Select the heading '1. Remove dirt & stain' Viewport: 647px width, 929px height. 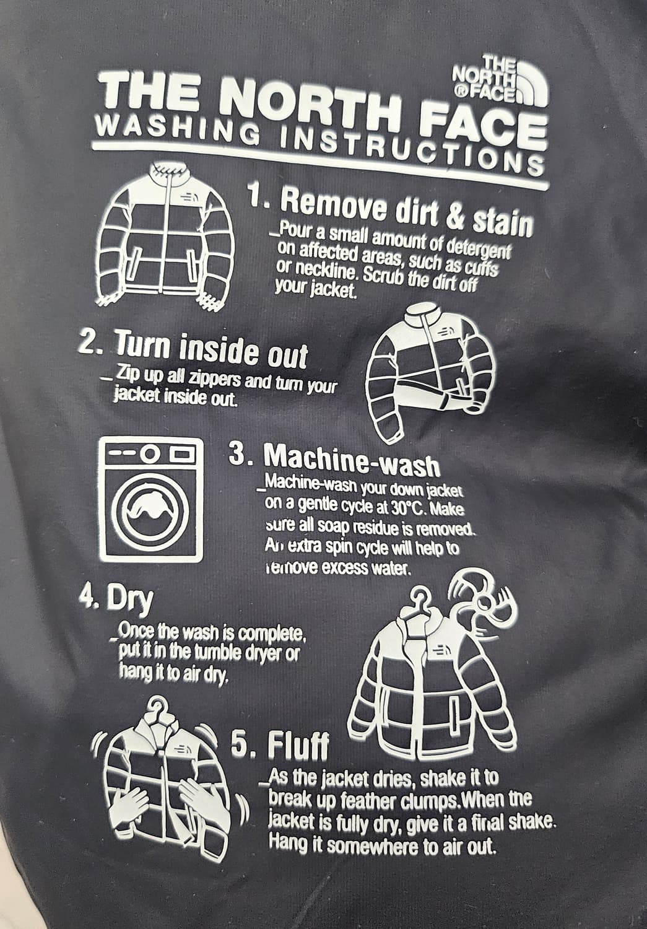(389, 211)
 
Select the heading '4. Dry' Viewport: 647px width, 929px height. (116, 600)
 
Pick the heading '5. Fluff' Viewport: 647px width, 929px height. (280, 744)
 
